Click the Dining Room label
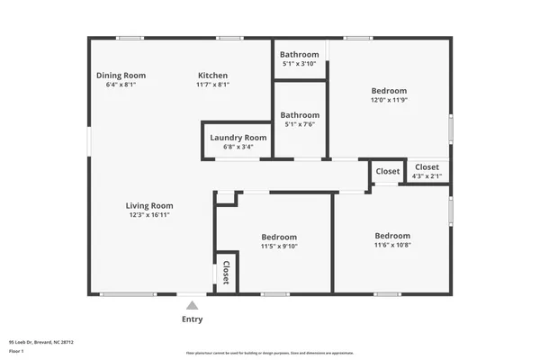[x=121, y=76]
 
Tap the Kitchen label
[x=212, y=76]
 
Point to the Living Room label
[x=148, y=205]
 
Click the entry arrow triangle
[x=192, y=306]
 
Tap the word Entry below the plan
[x=192, y=319]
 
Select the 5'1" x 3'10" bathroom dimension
[x=299, y=64]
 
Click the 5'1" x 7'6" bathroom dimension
[x=299, y=124]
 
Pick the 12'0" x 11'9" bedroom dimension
[x=389, y=100]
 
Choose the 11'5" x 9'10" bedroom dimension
[x=279, y=246]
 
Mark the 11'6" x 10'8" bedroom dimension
[x=392, y=245]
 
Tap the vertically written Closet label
[x=226, y=273]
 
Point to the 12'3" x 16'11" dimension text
[x=148, y=215]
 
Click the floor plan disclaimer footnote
[x=270, y=352]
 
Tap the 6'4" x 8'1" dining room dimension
[x=121, y=85]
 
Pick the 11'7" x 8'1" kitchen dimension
[x=212, y=85]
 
